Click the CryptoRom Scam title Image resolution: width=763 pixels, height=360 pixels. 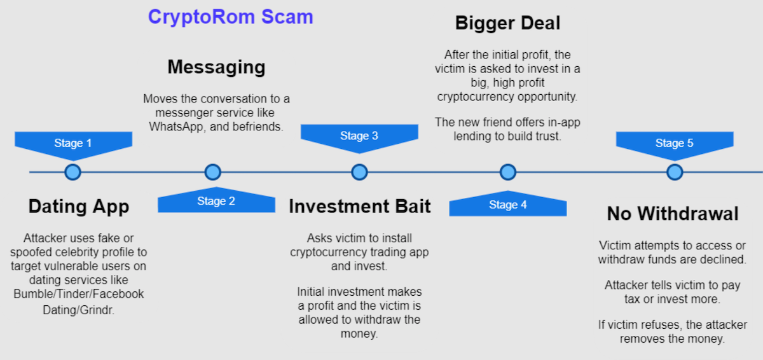(231, 17)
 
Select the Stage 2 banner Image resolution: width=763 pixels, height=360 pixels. (216, 200)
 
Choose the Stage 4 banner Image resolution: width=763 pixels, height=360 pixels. (508, 204)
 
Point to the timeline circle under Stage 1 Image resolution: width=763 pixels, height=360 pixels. (72, 172)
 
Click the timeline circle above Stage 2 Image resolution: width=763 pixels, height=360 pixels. (213, 172)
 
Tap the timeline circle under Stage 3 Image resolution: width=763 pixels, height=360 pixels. (359, 172)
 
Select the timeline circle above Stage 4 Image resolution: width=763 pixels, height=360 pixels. (508, 172)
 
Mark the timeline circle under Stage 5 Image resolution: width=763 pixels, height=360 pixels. (675, 172)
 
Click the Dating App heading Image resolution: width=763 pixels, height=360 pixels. (79, 207)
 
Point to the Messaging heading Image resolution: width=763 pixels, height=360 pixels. (216, 67)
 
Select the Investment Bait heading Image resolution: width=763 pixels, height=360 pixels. (360, 206)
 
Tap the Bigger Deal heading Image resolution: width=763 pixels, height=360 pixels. (507, 24)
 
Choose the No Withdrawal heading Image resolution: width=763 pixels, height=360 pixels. (673, 214)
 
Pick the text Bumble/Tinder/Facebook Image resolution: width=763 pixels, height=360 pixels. (79, 294)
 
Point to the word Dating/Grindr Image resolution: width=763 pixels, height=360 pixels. (79, 310)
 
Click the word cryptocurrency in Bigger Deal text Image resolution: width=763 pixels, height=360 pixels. (476, 97)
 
